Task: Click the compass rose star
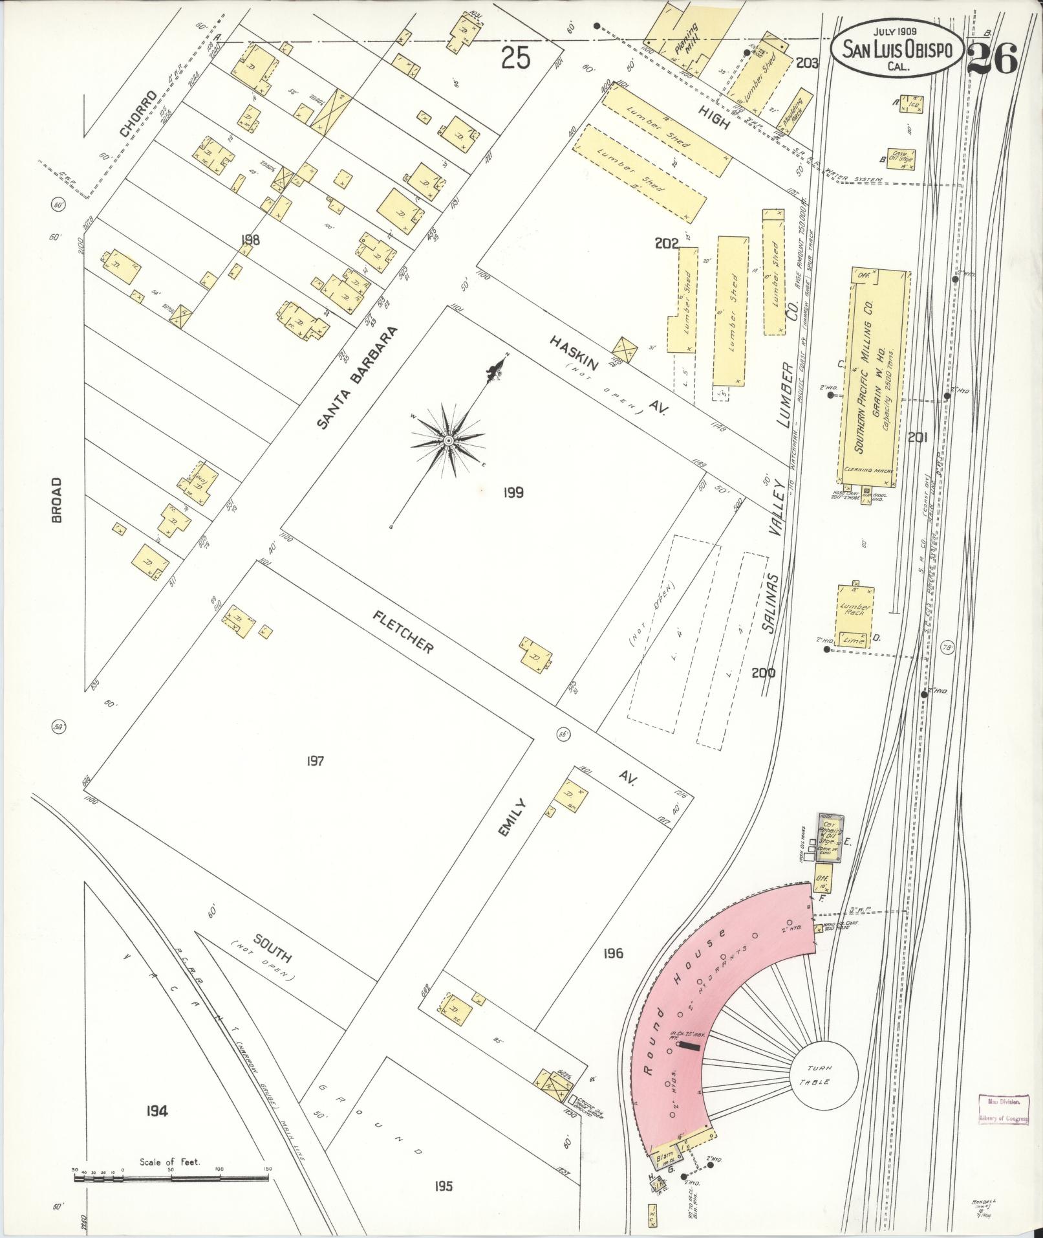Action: [448, 441]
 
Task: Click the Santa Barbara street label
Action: [356, 377]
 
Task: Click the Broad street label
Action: [57, 500]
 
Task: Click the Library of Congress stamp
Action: [1002, 1111]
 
